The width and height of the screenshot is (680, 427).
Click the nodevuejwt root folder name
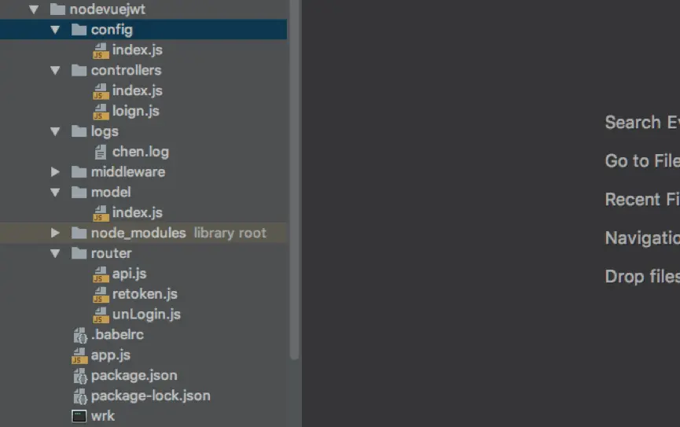[x=107, y=9]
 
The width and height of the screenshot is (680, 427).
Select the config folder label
[x=112, y=30]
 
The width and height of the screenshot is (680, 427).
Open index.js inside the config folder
[x=137, y=50]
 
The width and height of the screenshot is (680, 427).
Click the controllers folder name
[x=126, y=70]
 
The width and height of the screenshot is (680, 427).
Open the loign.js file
[x=135, y=111]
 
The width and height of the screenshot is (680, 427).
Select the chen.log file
[x=140, y=152]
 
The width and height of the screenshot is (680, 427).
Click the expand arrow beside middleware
[x=55, y=172]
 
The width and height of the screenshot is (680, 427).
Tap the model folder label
[x=111, y=192]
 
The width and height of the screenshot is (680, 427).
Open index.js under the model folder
[x=137, y=212]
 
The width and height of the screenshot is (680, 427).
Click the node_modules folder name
[x=138, y=233]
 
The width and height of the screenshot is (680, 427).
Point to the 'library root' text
[x=230, y=233]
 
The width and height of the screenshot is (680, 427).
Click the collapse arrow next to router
[x=55, y=253]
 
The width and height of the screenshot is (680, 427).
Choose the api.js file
[x=129, y=274]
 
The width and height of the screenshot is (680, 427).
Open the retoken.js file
[x=145, y=294]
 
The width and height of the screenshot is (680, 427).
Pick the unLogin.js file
[x=146, y=315]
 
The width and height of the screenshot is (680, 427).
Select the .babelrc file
[x=116, y=335]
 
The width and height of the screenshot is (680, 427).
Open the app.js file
[x=110, y=355]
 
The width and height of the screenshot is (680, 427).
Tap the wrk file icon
[x=79, y=416]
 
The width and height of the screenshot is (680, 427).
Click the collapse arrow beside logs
[x=55, y=131]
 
